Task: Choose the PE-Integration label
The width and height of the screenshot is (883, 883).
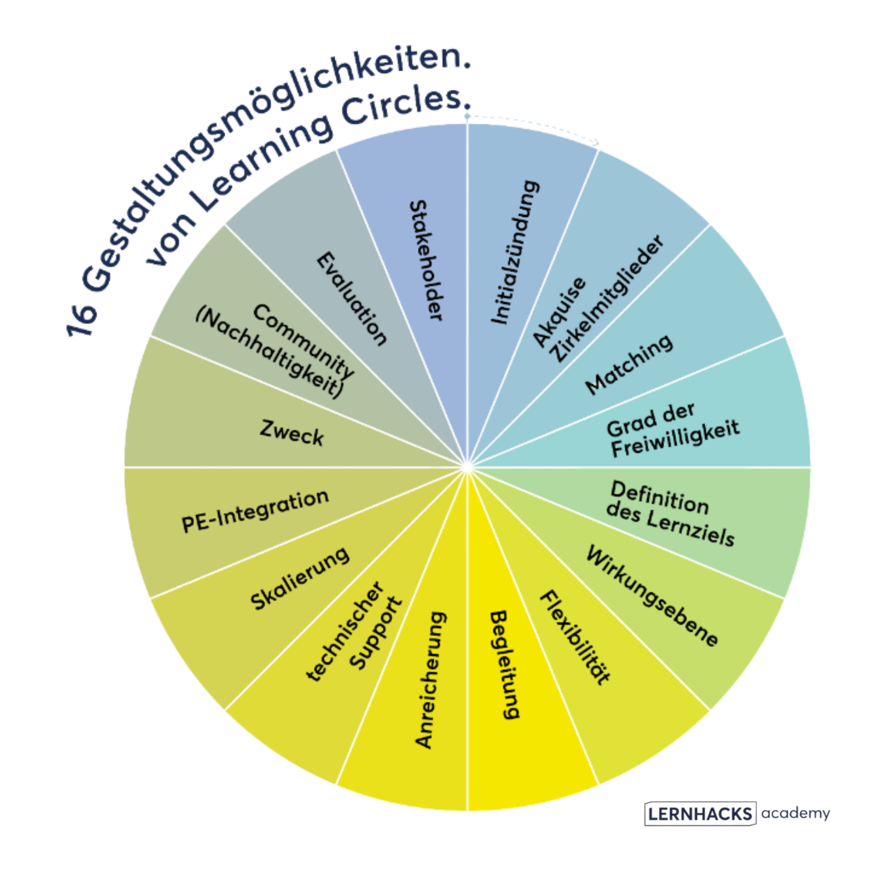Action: (255, 511)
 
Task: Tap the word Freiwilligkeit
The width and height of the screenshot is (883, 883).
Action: (676, 439)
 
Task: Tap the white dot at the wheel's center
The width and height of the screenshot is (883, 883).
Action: (467, 467)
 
